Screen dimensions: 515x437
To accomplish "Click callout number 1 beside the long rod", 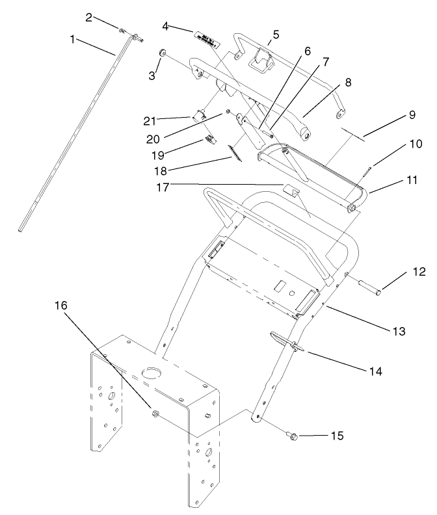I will pyautogui.click(x=72, y=39).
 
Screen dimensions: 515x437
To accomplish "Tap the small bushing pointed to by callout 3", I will pyautogui.click(x=163, y=53).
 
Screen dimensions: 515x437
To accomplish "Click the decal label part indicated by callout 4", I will pyautogui.click(x=205, y=40).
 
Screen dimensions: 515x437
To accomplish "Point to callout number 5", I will pyautogui.click(x=276, y=34).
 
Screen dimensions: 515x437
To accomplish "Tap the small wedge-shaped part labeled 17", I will pyautogui.click(x=291, y=190).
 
